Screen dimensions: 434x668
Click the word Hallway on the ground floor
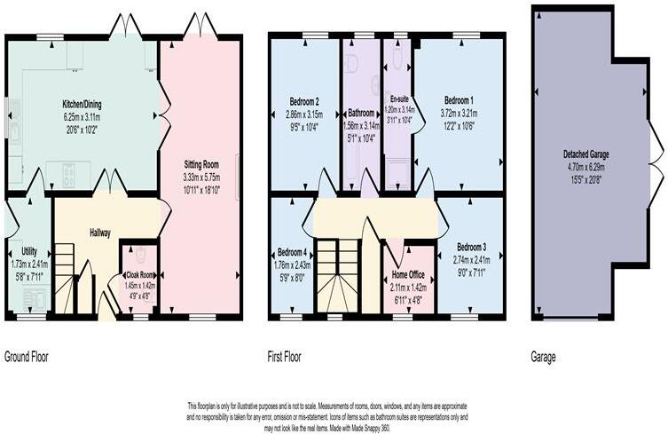(x=99, y=233)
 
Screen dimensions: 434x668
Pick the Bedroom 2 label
(x=304, y=100)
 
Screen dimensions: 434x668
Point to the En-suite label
(x=398, y=100)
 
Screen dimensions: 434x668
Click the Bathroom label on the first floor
(x=361, y=113)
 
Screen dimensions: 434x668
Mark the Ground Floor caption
(x=27, y=358)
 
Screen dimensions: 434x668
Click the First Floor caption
(x=285, y=358)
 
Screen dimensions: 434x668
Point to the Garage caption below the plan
(x=543, y=358)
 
